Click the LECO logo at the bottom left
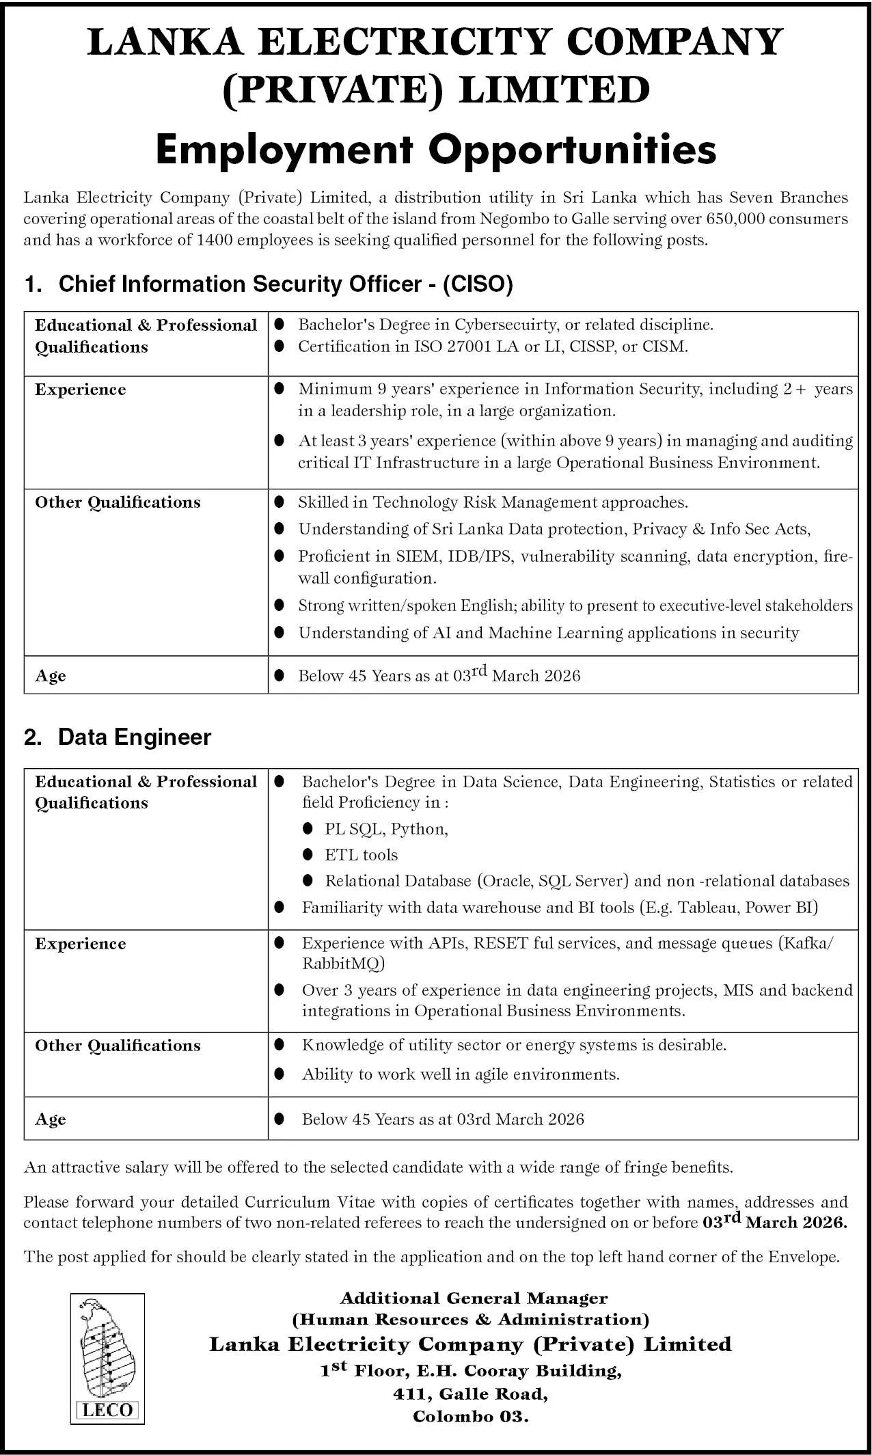pos(107,1359)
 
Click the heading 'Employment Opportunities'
pos(436,149)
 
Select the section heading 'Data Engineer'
pos(135,737)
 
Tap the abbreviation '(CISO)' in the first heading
pos(478,284)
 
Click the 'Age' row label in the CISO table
pos(51,676)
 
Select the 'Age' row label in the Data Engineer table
pos(51,1119)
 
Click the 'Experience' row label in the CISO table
pos(81,390)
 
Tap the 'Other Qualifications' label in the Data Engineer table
pos(118,1046)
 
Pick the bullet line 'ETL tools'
pos(361,855)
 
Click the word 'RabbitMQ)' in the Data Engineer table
pos(344,964)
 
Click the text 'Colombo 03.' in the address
pos(471,1416)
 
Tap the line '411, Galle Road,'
pos(471,1393)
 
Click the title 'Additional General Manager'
pos(474,1298)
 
